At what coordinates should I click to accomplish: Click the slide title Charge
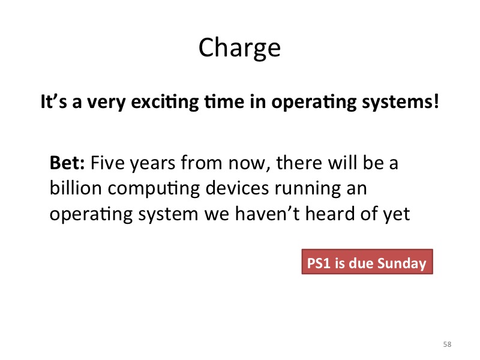pos(239,48)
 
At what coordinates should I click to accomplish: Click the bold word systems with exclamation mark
pos(401,102)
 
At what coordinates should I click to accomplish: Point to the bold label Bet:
pos(67,162)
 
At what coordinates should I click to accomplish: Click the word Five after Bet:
pos(107,162)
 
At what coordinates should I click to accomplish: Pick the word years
pos(152,164)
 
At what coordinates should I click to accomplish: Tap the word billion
pos(76,187)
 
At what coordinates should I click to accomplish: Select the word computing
pos(154,189)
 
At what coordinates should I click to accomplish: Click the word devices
pos(237,187)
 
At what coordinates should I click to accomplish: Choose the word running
pos(308,189)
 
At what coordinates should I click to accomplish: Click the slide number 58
pos(447,344)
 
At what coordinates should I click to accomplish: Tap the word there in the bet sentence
pos(299,162)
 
